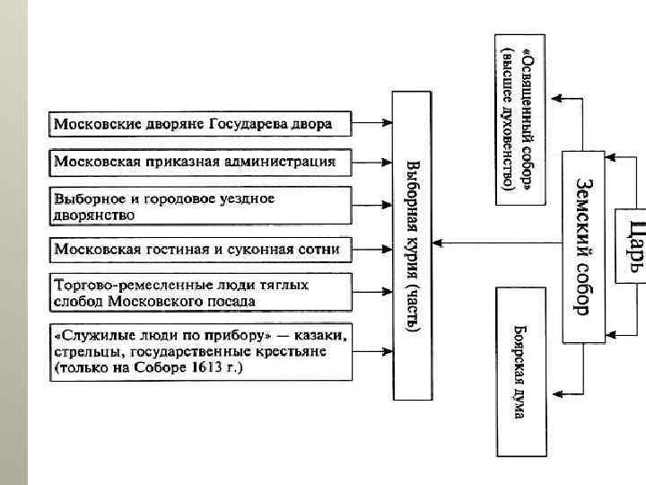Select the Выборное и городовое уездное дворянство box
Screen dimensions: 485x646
[x=199, y=207]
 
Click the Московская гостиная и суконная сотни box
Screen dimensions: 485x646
[x=199, y=247]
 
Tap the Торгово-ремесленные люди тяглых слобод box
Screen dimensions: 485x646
[x=199, y=293]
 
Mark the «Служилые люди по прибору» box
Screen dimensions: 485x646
[x=199, y=351]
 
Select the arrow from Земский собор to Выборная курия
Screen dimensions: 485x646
[x=493, y=243]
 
